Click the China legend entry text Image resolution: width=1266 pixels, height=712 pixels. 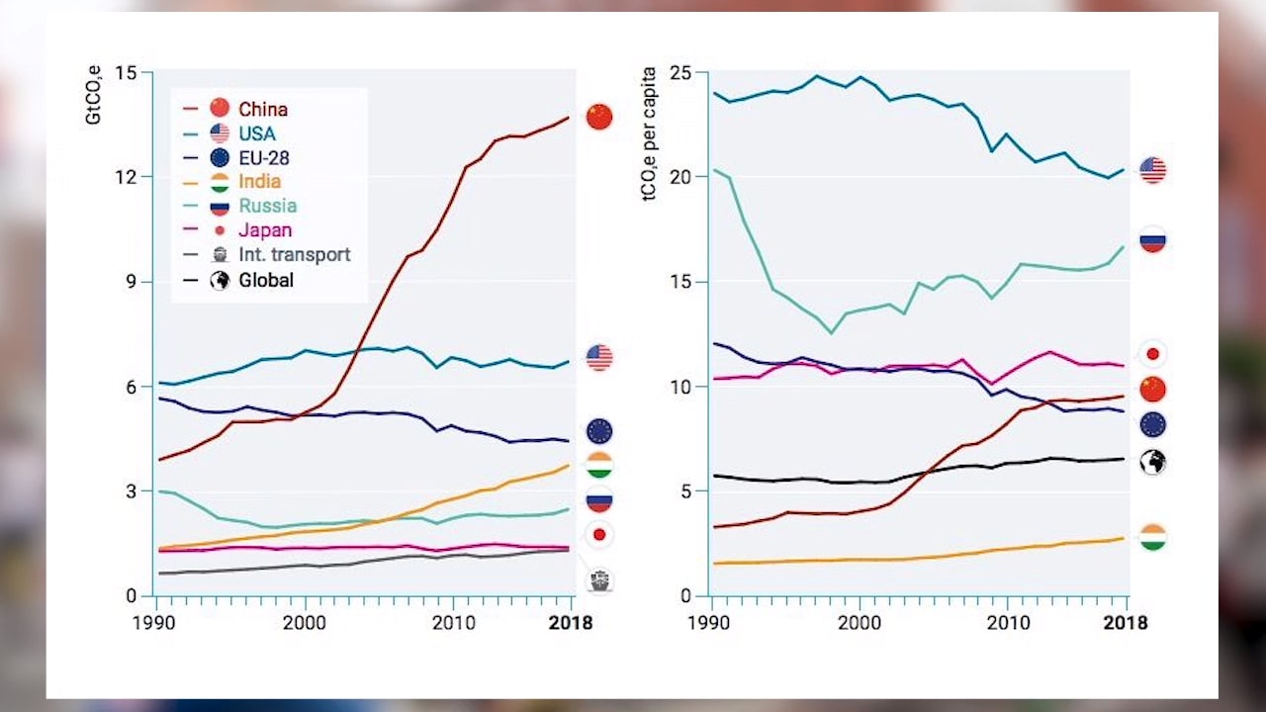263,109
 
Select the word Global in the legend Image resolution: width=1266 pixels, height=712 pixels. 266,280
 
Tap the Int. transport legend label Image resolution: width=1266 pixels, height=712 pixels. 295,255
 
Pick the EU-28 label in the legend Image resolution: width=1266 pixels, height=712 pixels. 264,157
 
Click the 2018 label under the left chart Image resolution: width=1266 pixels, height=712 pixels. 571,623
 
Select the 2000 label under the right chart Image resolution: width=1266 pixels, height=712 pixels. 859,623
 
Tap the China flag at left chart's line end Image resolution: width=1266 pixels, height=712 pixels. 599,117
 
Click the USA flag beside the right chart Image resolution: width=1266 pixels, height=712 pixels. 1152,170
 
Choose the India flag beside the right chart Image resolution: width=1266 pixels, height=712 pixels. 1152,537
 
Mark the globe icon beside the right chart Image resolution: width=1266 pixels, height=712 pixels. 1152,462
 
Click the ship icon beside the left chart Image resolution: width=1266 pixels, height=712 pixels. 599,580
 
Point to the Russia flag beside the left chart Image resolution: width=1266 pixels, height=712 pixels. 599,501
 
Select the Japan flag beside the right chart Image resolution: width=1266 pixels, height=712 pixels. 1152,353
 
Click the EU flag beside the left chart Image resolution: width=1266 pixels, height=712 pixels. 599,431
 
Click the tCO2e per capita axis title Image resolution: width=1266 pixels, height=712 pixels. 650,133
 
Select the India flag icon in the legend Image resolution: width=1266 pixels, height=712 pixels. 220,182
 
